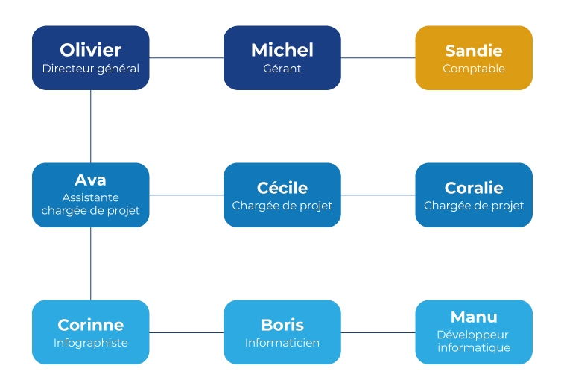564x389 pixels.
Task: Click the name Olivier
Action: [91, 50]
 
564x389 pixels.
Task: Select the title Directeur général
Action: [91, 69]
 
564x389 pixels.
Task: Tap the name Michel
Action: [282, 50]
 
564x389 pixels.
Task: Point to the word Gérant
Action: [282, 69]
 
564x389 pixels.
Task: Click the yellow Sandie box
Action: [474, 57]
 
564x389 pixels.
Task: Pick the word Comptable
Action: [474, 69]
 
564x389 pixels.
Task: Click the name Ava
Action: [91, 180]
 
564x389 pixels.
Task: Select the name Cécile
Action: [282, 187]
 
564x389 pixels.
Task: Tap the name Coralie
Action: [474, 188]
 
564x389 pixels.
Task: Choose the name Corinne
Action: [91, 325]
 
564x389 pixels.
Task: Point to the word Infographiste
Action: [91, 343]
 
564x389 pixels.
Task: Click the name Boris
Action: [282, 325]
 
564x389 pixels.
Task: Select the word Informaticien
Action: [282, 343]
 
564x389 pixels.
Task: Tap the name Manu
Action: [474, 317]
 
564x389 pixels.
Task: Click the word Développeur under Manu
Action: [472, 335]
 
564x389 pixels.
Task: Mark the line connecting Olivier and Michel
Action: [186, 57]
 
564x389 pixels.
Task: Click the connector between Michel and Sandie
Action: [378, 57]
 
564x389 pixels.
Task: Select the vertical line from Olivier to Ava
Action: [91, 126]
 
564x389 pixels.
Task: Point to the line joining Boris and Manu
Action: [378, 332]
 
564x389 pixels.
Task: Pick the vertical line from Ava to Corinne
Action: [91, 263]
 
